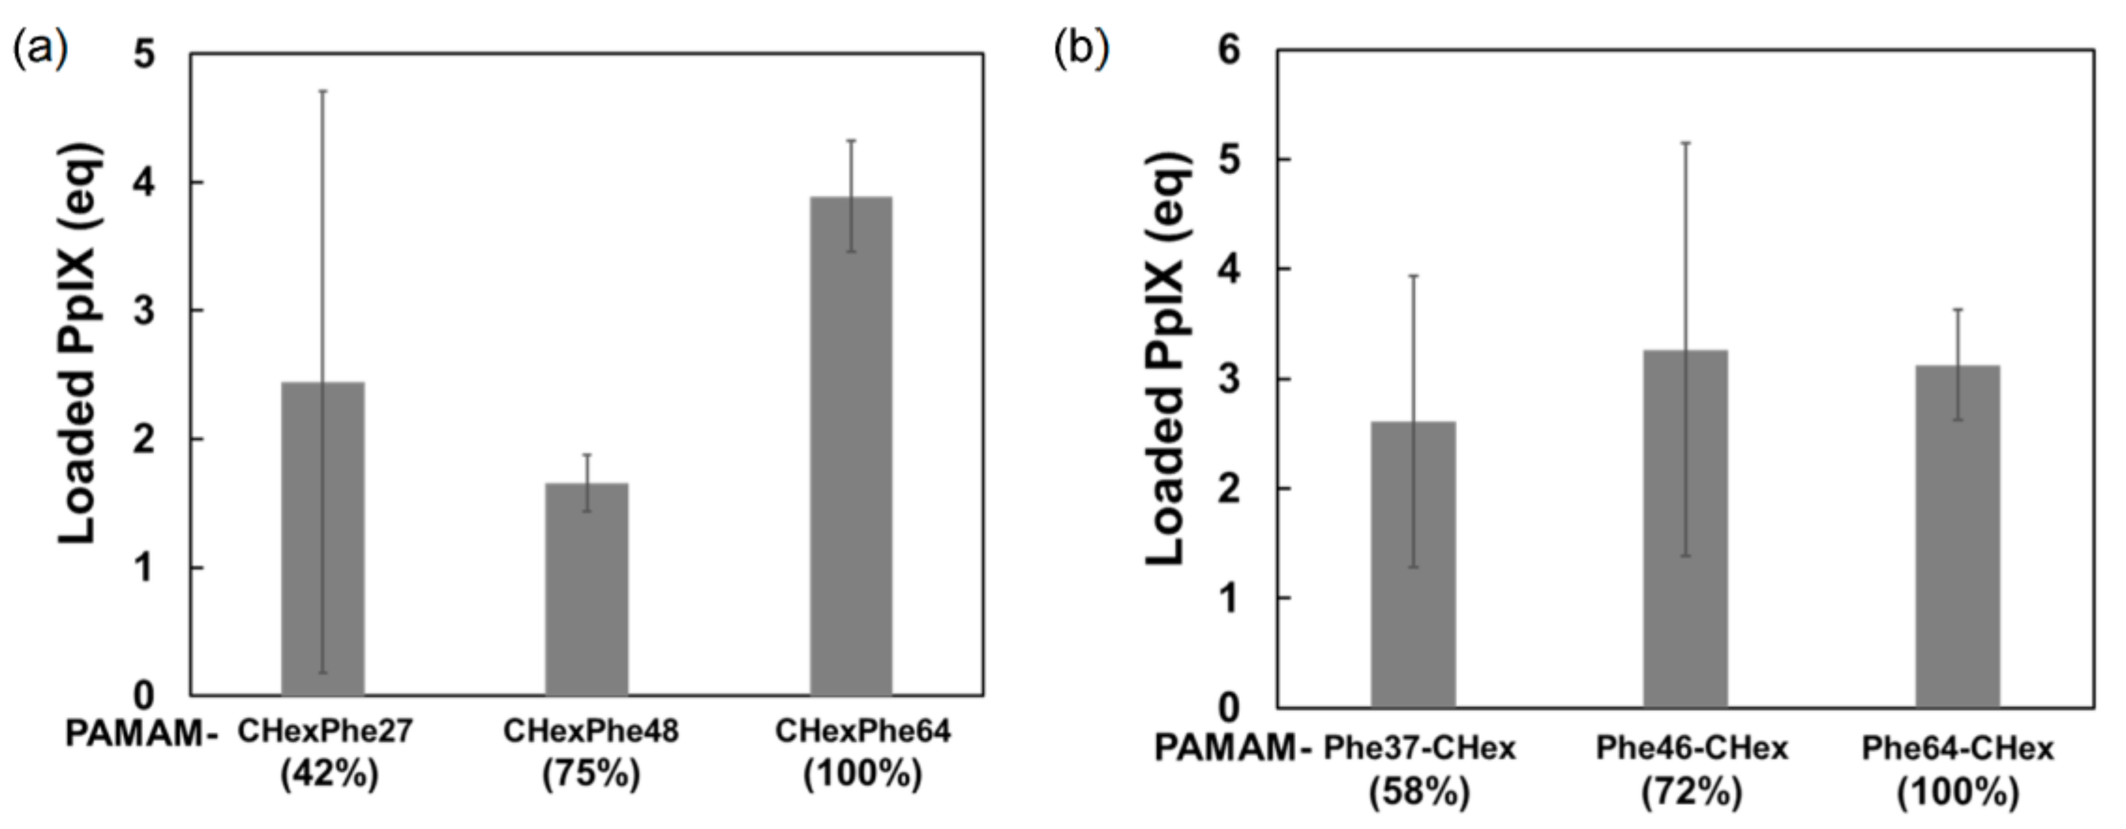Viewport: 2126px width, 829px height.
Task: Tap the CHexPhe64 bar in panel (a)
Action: click(x=851, y=446)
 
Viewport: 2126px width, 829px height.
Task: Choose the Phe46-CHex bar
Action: click(x=1685, y=529)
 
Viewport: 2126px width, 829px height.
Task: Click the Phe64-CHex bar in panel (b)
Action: click(x=1957, y=536)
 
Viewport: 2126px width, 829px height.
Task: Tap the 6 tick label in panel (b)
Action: click(x=1229, y=51)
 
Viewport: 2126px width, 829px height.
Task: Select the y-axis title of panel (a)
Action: click(x=80, y=344)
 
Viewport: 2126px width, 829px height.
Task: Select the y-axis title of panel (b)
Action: click(x=1168, y=359)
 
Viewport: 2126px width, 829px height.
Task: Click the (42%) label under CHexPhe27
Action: click(x=329, y=775)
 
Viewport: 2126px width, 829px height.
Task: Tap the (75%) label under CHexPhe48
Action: click(x=591, y=775)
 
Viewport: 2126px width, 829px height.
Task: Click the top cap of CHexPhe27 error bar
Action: click(x=323, y=91)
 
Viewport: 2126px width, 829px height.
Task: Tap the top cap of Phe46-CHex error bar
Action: click(x=1685, y=143)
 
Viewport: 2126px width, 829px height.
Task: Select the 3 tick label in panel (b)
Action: click(x=1229, y=379)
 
